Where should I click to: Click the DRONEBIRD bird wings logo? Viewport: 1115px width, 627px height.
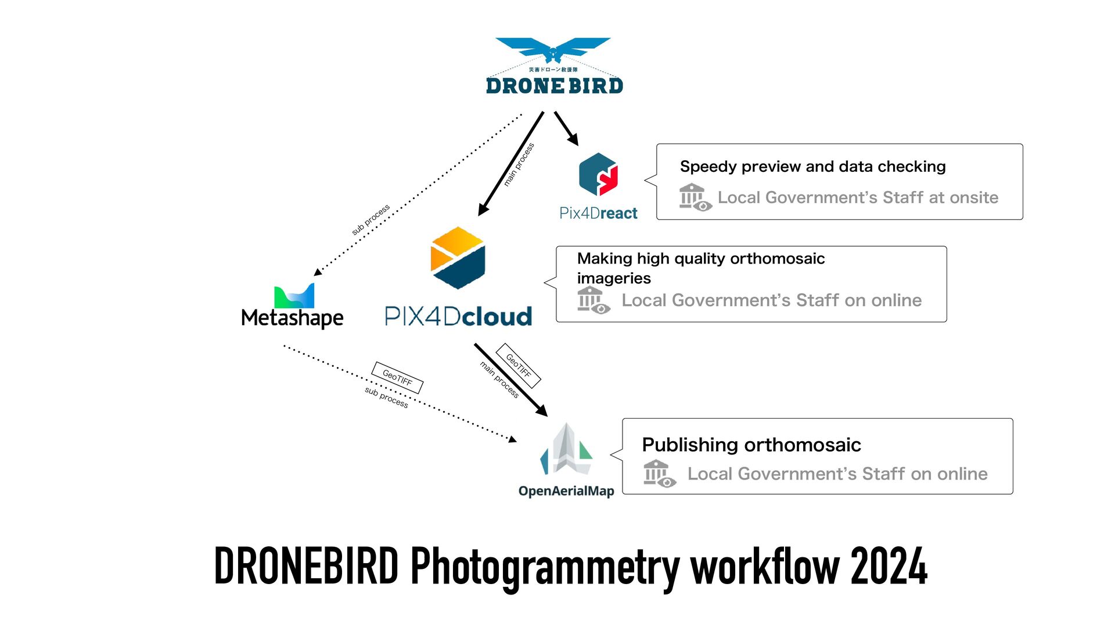pos(553,49)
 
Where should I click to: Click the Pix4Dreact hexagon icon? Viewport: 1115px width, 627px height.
pos(598,175)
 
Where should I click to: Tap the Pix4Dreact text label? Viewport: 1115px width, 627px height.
pos(598,214)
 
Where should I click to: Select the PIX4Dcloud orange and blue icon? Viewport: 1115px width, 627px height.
pos(458,258)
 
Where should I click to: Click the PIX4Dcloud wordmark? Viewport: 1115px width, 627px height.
pos(458,316)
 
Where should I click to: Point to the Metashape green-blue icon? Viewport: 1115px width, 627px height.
pos(294,296)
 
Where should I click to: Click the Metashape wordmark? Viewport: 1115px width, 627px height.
pos(292,318)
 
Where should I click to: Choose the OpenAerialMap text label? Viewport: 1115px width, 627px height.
pos(566,491)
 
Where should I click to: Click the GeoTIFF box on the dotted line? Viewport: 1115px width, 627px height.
pos(397,378)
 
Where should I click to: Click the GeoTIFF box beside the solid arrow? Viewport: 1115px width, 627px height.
pos(518,366)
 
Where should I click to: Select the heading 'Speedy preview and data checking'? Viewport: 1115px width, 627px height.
pos(812,167)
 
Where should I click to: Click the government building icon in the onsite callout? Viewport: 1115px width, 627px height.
pos(695,197)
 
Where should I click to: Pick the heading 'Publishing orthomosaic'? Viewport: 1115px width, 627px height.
pos(751,445)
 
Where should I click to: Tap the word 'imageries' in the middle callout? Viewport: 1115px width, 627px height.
pos(614,279)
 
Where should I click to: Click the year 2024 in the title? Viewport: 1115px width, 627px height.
pos(889,567)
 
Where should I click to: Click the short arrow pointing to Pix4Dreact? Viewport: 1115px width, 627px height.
pos(566,128)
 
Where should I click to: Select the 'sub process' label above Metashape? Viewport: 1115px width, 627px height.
pos(371,219)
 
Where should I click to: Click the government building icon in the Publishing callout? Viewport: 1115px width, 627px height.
pos(659,474)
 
